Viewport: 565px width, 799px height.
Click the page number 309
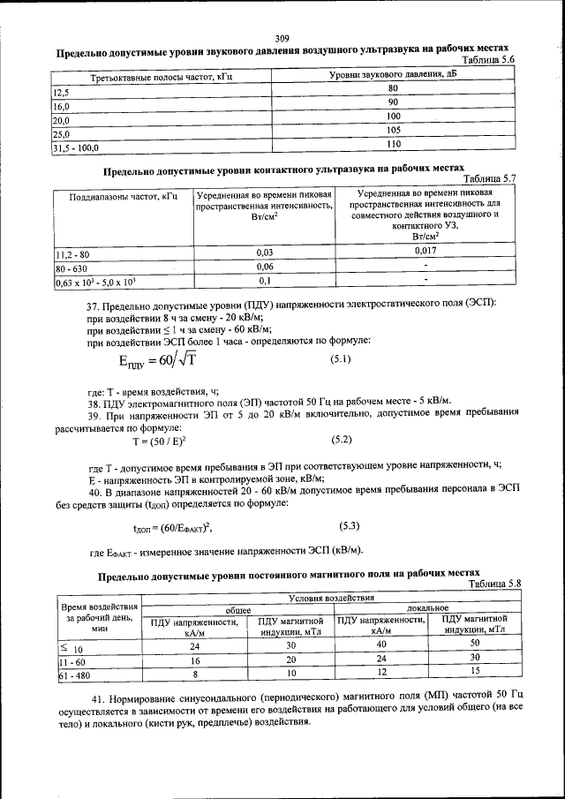(282, 38)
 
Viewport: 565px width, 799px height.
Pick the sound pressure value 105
(393, 130)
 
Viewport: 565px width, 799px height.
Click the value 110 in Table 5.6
(393, 144)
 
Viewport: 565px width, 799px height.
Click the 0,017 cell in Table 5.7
(426, 252)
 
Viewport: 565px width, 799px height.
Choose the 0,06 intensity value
(264, 267)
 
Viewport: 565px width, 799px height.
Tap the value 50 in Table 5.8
(474, 645)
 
